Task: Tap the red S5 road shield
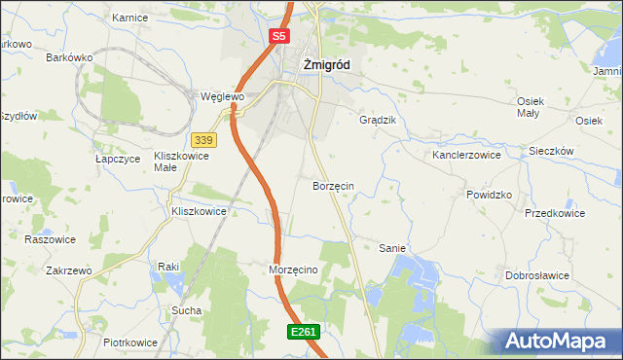coord(279,36)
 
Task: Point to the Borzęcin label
coord(333,185)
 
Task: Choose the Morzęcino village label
coord(293,270)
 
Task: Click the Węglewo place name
coord(221,97)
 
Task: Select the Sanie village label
coord(391,248)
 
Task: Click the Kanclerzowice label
coord(466,155)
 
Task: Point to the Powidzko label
coord(489,195)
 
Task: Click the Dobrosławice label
coord(536,275)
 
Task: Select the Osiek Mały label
coord(529,107)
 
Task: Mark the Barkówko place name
coord(69,57)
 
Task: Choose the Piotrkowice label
coord(130,342)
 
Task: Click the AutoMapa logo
coord(558,341)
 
